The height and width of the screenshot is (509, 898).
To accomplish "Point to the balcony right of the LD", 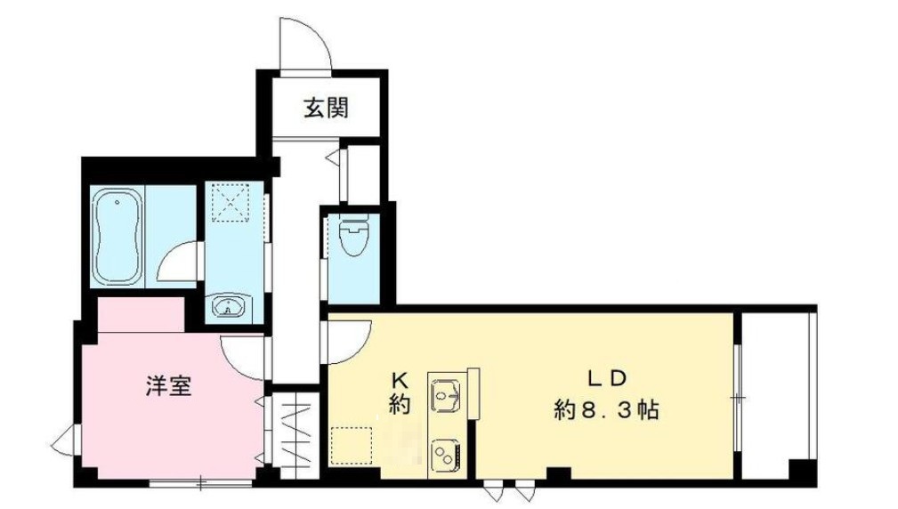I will click(x=776, y=392).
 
